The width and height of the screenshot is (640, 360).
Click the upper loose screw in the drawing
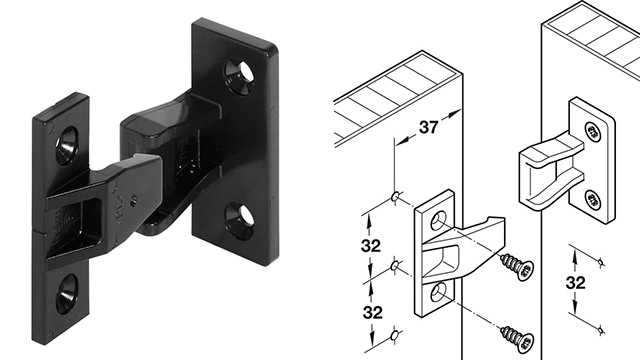pyautogui.click(x=516, y=267)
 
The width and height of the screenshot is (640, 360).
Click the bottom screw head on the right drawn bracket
pyautogui.click(x=592, y=198)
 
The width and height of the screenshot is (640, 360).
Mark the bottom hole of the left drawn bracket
pyautogui.click(x=438, y=292)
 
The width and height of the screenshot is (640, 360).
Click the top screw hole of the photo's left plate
pyautogui.click(x=67, y=145)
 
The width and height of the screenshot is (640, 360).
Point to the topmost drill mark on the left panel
pyautogui.click(x=397, y=194)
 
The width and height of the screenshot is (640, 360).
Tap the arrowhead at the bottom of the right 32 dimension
pyautogui.click(x=599, y=327)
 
